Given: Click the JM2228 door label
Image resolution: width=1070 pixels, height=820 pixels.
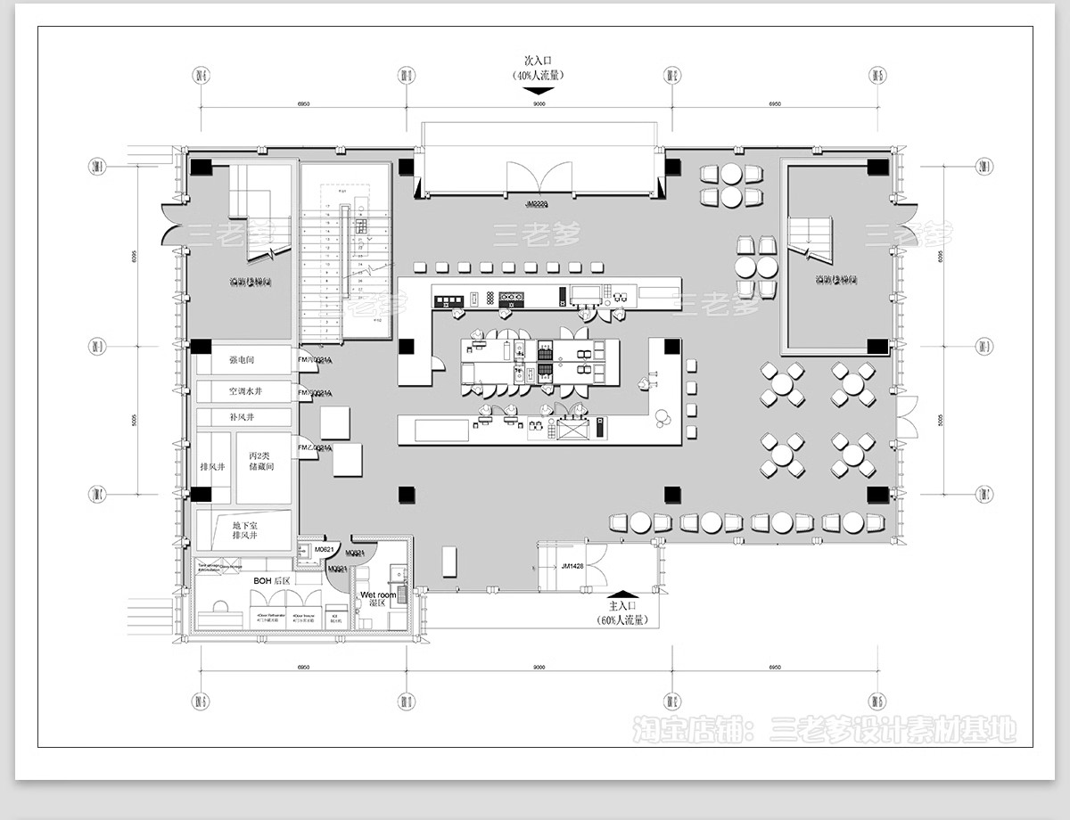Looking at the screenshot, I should coord(538,204).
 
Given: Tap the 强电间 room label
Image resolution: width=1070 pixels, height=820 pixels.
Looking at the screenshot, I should coord(242,360).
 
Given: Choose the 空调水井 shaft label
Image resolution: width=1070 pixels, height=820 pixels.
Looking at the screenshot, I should coord(245,391).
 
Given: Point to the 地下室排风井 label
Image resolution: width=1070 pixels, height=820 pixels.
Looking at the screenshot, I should coord(244,530).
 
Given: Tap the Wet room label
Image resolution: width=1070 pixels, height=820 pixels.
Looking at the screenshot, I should coord(378,594).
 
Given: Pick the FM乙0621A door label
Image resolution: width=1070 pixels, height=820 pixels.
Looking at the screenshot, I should coord(315,447).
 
